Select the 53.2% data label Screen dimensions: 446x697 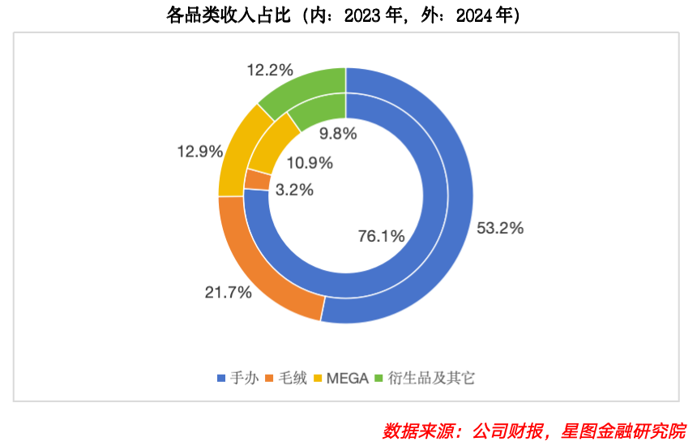[500, 229]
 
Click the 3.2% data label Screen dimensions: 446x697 [294, 191]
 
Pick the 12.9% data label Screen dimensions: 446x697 [199, 152]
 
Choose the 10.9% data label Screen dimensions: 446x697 [310, 163]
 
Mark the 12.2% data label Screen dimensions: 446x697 [270, 71]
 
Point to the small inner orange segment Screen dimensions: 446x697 [257, 180]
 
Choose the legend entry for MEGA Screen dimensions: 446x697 [341, 377]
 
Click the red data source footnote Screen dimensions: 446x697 [534, 430]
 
